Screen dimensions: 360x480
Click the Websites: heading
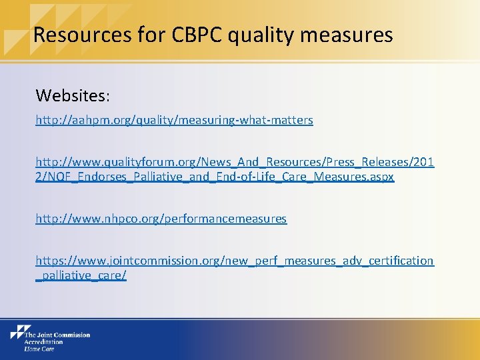click(x=73, y=95)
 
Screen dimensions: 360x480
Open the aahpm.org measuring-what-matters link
click(x=174, y=120)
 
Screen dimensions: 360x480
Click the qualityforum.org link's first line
click(x=235, y=163)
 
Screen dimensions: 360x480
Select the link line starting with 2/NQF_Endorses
click(x=215, y=177)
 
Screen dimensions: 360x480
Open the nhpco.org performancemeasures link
click(x=161, y=219)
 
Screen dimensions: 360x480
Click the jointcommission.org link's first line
click(x=235, y=261)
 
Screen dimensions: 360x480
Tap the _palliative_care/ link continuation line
click(x=81, y=275)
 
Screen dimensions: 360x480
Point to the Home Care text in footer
click(x=39, y=348)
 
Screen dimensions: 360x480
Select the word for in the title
click(x=145, y=34)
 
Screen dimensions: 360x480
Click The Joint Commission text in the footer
click(x=57, y=335)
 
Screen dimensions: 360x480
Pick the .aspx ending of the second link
click(x=381, y=177)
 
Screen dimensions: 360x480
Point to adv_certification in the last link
click(x=388, y=261)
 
